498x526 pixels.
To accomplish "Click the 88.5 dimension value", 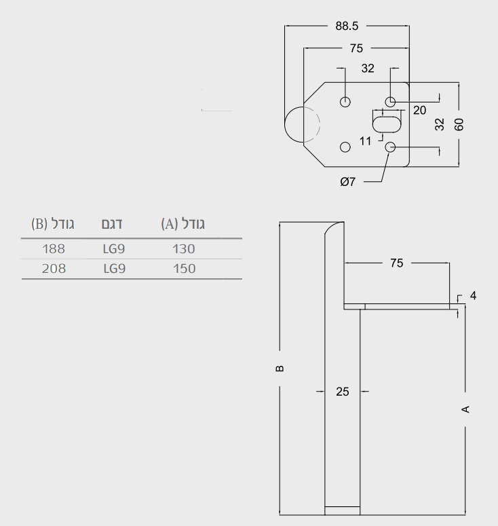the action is click(x=347, y=26).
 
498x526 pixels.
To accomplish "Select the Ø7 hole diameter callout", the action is click(x=348, y=182).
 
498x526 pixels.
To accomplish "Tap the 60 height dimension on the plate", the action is click(x=459, y=124).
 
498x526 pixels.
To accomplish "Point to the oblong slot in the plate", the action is click(x=387, y=124).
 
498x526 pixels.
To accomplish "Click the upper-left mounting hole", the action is click(x=345, y=102).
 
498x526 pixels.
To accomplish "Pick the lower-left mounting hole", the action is click(x=345, y=147).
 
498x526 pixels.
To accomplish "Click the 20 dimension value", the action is click(x=419, y=111).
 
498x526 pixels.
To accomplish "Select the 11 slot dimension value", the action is click(x=365, y=141).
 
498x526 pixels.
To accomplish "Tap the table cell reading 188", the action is click(x=54, y=249).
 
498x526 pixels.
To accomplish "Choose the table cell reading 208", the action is click(x=54, y=269).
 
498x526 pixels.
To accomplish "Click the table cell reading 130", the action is click(x=183, y=249).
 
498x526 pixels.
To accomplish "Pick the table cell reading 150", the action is click(x=184, y=269).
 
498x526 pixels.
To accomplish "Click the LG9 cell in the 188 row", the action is click(x=114, y=249).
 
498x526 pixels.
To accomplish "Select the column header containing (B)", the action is click(x=53, y=224).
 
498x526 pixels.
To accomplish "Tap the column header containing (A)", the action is click(x=183, y=224).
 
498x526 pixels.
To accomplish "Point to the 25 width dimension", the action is click(x=343, y=392).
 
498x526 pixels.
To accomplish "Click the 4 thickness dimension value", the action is click(x=473, y=295).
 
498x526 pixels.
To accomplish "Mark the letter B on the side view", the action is click(x=280, y=369).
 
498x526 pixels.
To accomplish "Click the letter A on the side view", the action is click(x=465, y=409).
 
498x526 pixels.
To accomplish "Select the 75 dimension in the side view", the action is click(x=396, y=263).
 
